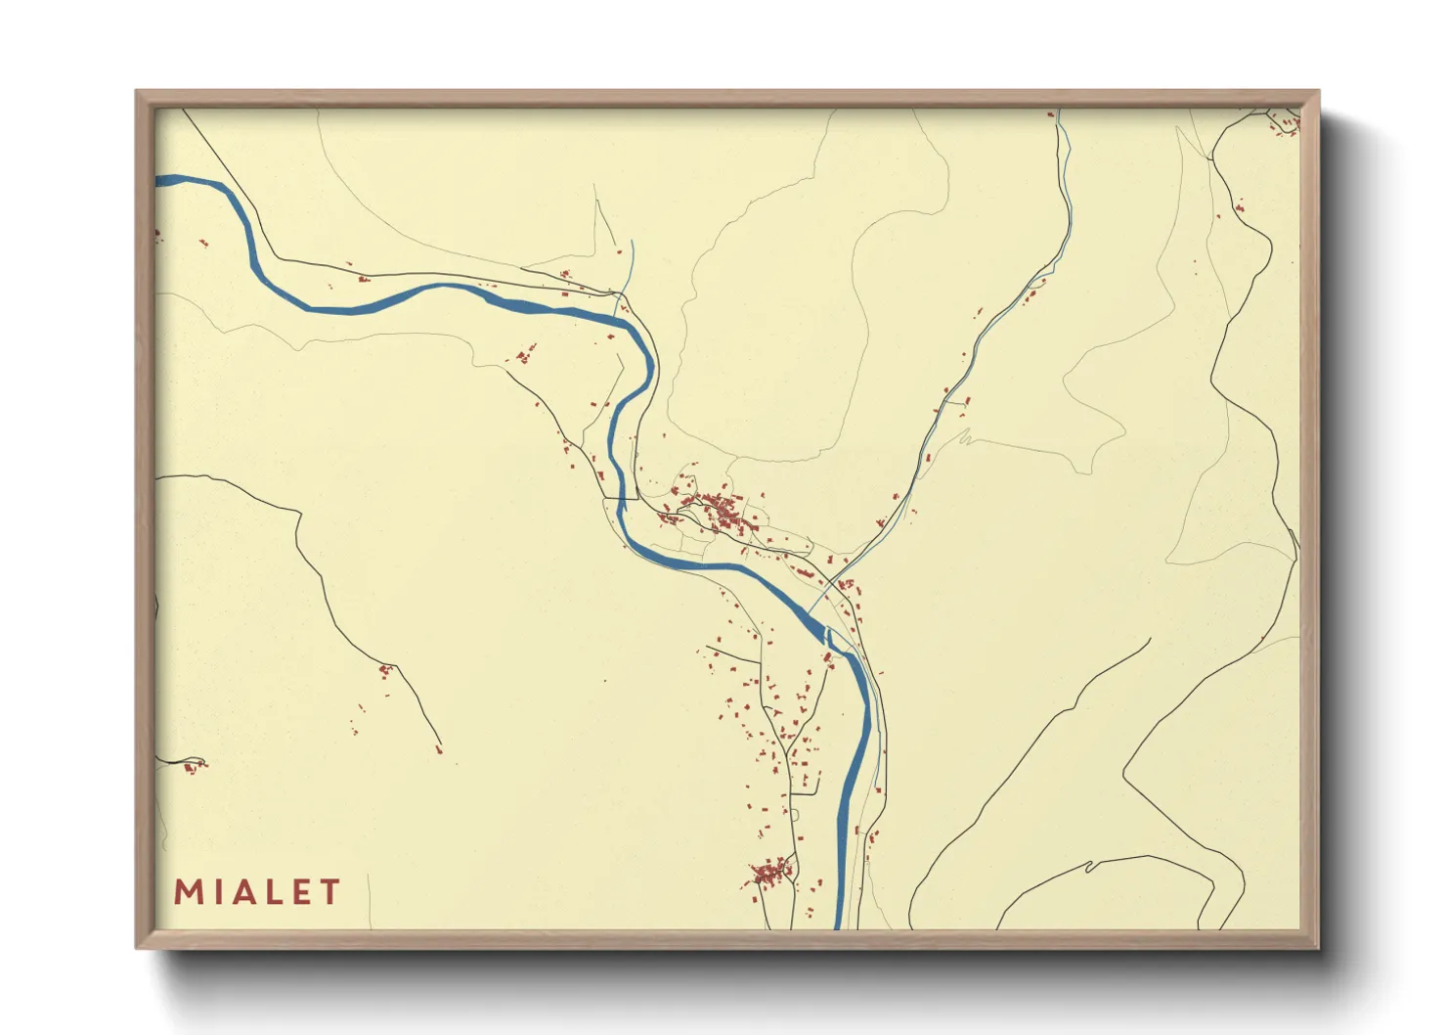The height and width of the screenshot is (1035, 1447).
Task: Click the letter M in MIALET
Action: [x=188, y=892]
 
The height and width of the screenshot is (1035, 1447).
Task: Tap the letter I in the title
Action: [x=217, y=892]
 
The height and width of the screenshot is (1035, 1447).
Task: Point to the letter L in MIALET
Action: [x=275, y=892]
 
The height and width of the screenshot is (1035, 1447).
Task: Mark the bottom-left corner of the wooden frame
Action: [x=137, y=947]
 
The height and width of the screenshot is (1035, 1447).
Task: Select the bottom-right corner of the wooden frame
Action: [x=1318, y=947]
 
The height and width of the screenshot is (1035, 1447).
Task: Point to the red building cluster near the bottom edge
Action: [x=771, y=872]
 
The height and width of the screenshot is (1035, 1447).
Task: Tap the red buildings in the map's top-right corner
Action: [x=1284, y=122]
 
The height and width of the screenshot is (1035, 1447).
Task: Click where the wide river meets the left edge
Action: [x=159, y=180]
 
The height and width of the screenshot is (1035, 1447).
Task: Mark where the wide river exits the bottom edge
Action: [x=839, y=925]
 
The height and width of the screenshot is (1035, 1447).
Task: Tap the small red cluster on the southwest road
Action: [x=385, y=670]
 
